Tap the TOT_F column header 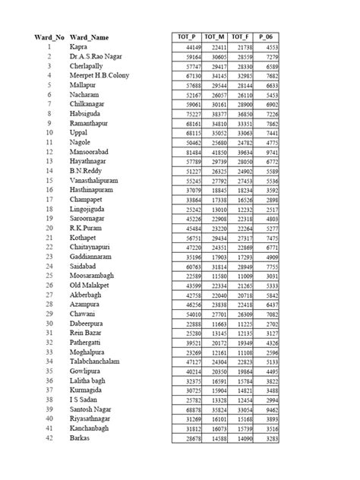240,36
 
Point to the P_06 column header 266,36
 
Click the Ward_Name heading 89,36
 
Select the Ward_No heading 48,36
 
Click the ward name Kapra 78,46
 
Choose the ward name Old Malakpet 89,286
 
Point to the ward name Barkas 80,438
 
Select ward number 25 48,277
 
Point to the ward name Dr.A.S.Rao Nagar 96,57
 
